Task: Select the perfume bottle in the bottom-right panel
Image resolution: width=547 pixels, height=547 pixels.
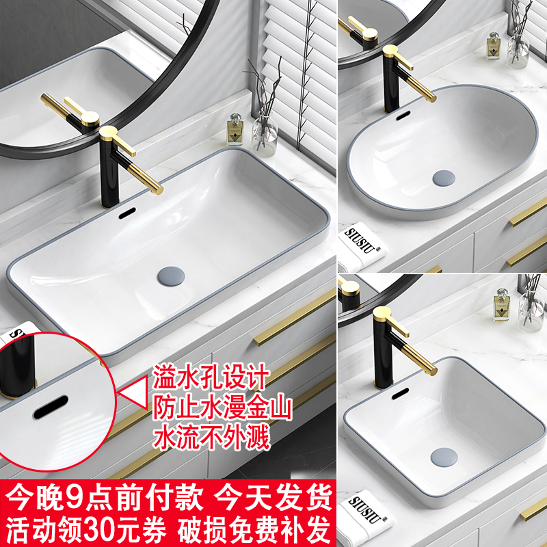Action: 501,307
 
